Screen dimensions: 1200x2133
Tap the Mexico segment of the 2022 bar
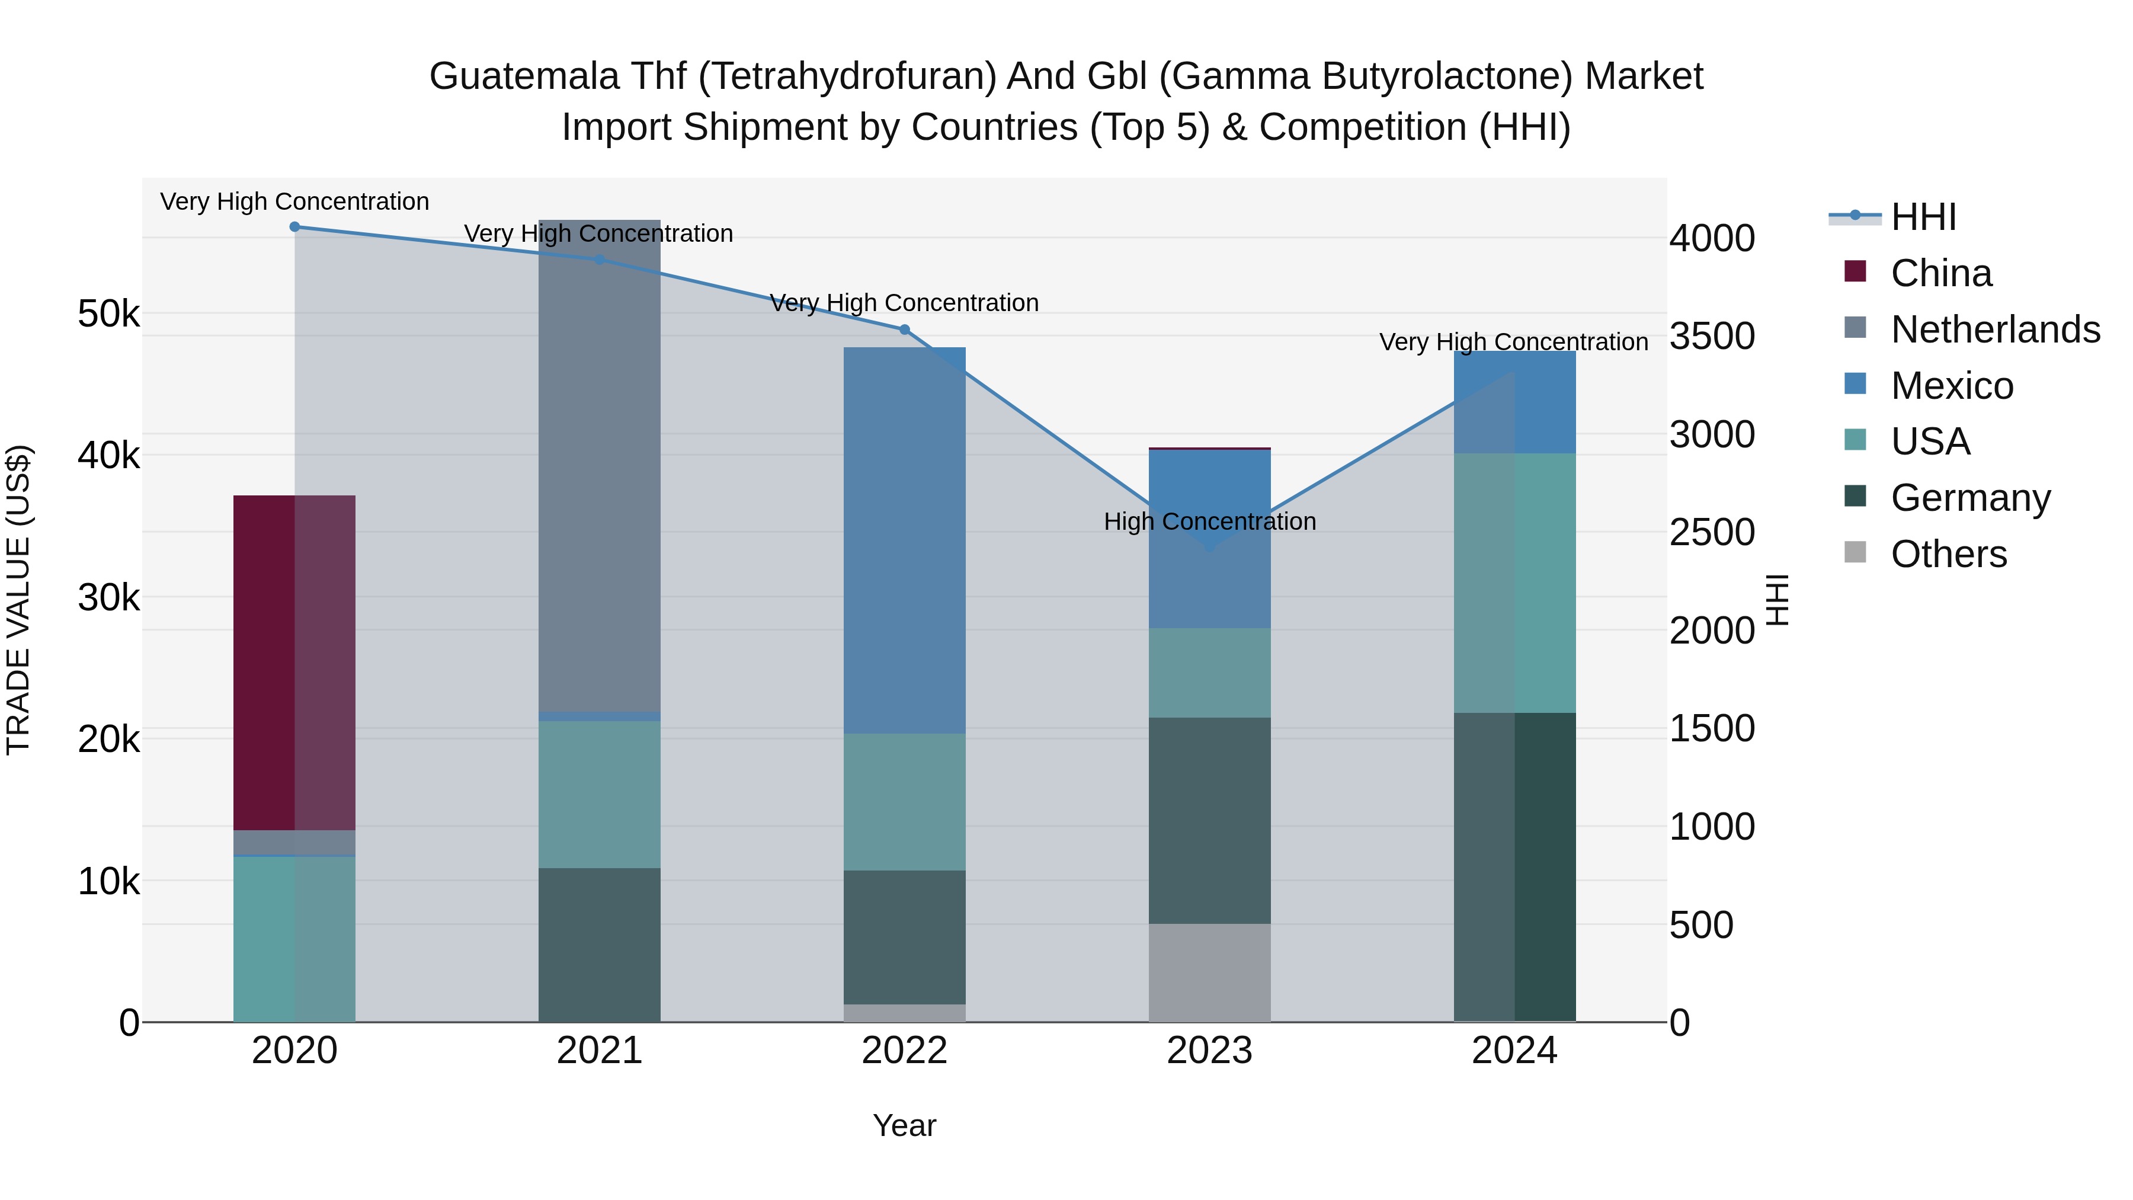coord(904,538)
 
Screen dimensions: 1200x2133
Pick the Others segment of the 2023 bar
coord(1209,972)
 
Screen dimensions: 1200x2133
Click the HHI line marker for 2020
coord(295,227)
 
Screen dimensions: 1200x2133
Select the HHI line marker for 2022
coord(904,329)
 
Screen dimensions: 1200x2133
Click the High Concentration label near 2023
coord(1209,521)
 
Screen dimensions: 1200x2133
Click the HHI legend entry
coord(1923,217)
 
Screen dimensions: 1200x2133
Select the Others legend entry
coord(1948,554)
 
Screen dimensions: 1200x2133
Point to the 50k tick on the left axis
coord(108,314)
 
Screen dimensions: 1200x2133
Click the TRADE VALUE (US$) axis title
coord(19,600)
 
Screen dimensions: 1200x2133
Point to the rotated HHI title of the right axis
coord(1777,600)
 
